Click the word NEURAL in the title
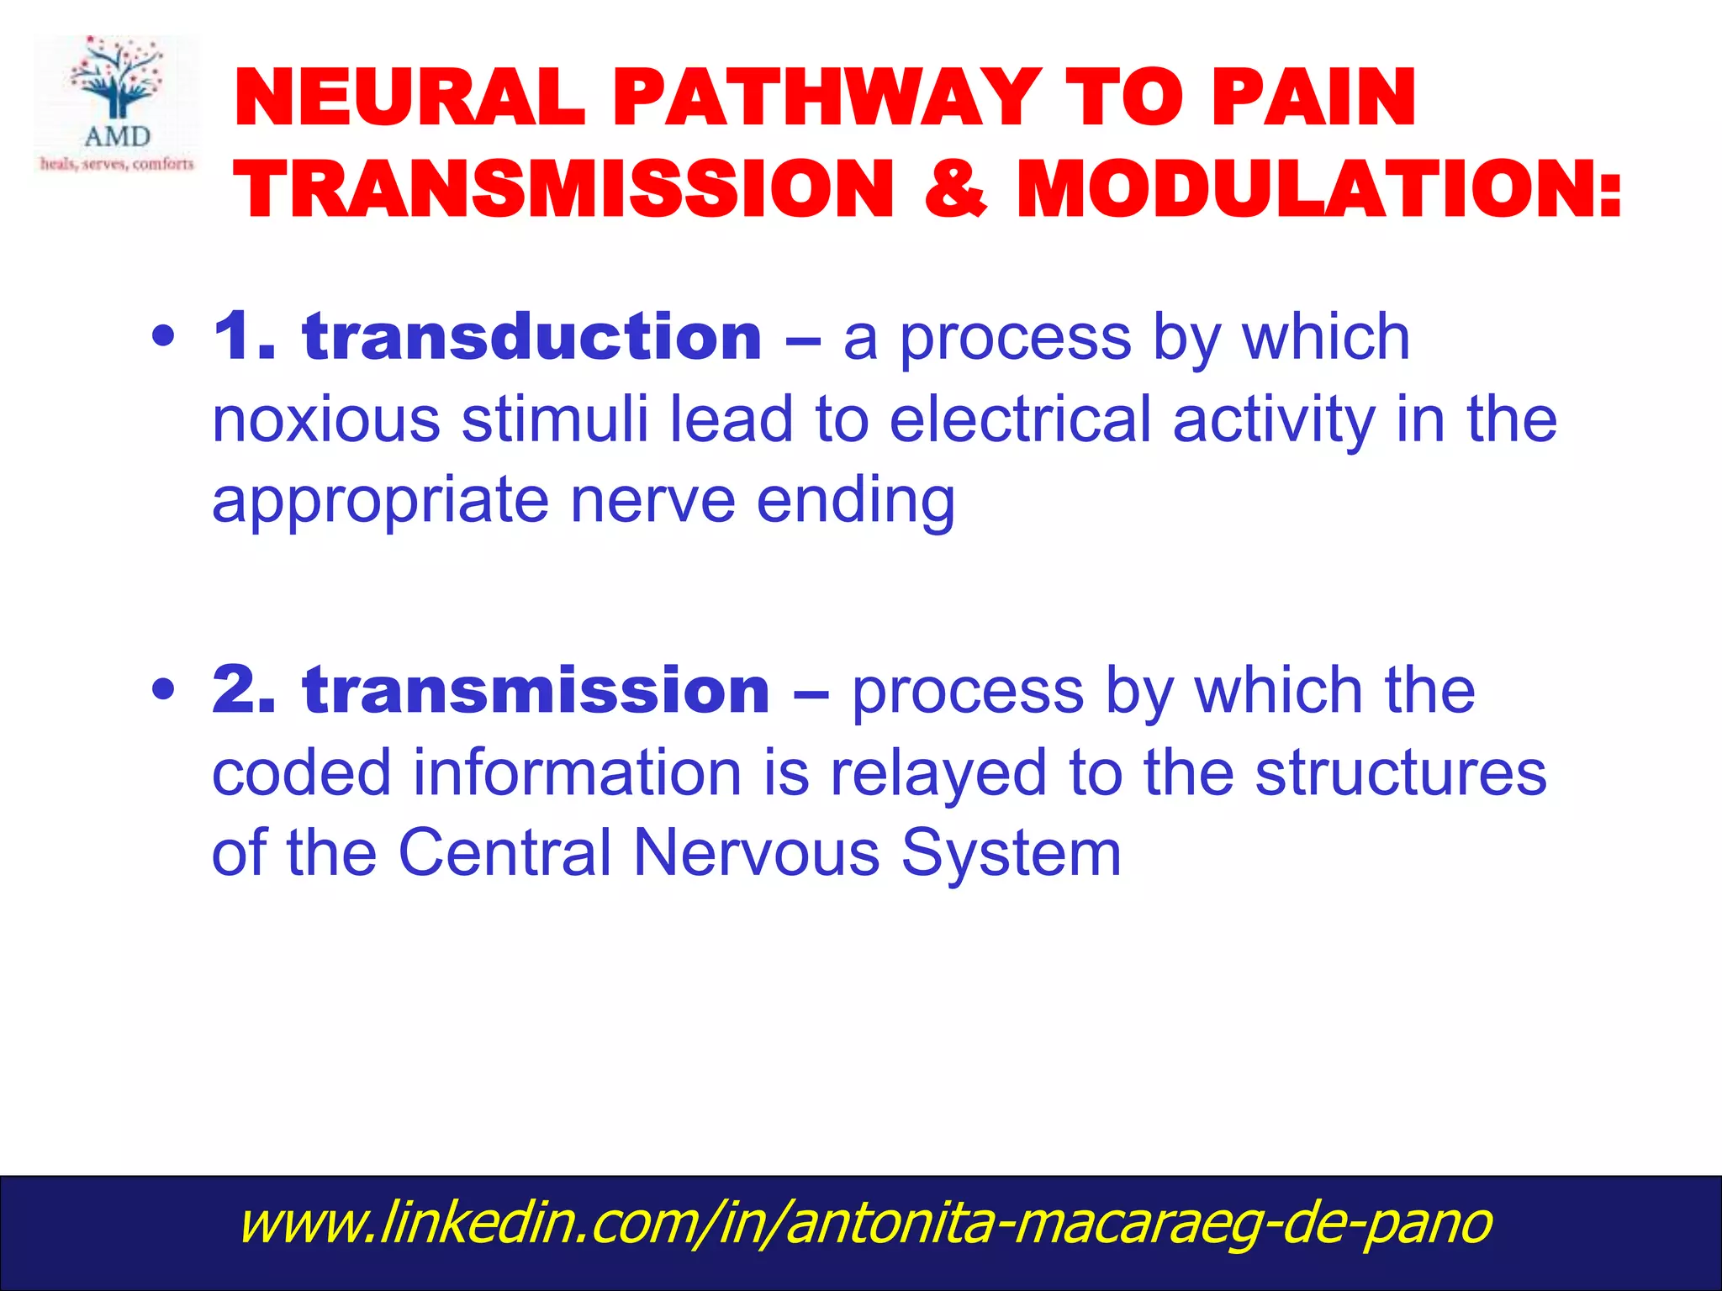[x=409, y=98]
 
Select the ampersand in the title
[x=954, y=188]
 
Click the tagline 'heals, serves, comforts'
[x=117, y=163]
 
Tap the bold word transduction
[x=532, y=337]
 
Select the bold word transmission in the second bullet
[x=536, y=690]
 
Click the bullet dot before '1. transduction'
[x=164, y=337]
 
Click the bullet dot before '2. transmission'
[x=164, y=690]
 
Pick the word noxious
[x=325, y=419]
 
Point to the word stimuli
[x=555, y=419]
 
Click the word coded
[x=301, y=772]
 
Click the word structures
[x=1400, y=772]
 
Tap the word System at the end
[x=1011, y=853]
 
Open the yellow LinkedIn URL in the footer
[x=864, y=1223]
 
